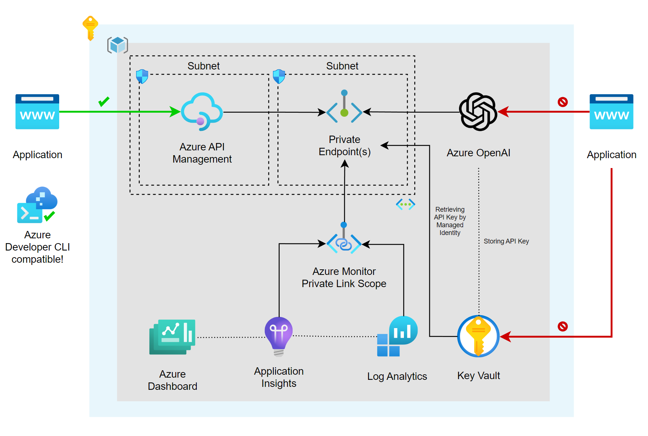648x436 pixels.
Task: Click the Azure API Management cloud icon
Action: coord(202,112)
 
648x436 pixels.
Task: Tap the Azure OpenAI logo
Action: coord(478,112)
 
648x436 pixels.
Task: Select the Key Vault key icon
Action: coord(478,336)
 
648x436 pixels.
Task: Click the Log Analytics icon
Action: coord(397,336)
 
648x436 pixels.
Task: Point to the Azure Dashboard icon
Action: coord(172,337)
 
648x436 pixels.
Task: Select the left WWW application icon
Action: coord(37,112)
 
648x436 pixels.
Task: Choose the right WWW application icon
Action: coord(611,112)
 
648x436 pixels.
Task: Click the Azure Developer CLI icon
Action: coord(37,205)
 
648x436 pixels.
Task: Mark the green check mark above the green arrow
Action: coord(104,101)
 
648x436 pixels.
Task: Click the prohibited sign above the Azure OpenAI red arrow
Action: coord(563,102)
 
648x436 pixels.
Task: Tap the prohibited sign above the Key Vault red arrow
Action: coord(563,326)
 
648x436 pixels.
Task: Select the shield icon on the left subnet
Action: coord(142,76)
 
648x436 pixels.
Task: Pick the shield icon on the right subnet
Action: coord(279,76)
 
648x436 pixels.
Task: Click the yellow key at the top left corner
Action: coord(90,28)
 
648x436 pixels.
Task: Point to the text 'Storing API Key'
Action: coord(506,241)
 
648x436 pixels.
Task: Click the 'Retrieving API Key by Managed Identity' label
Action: coord(450,221)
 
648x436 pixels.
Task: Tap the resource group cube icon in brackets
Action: coord(118,45)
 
